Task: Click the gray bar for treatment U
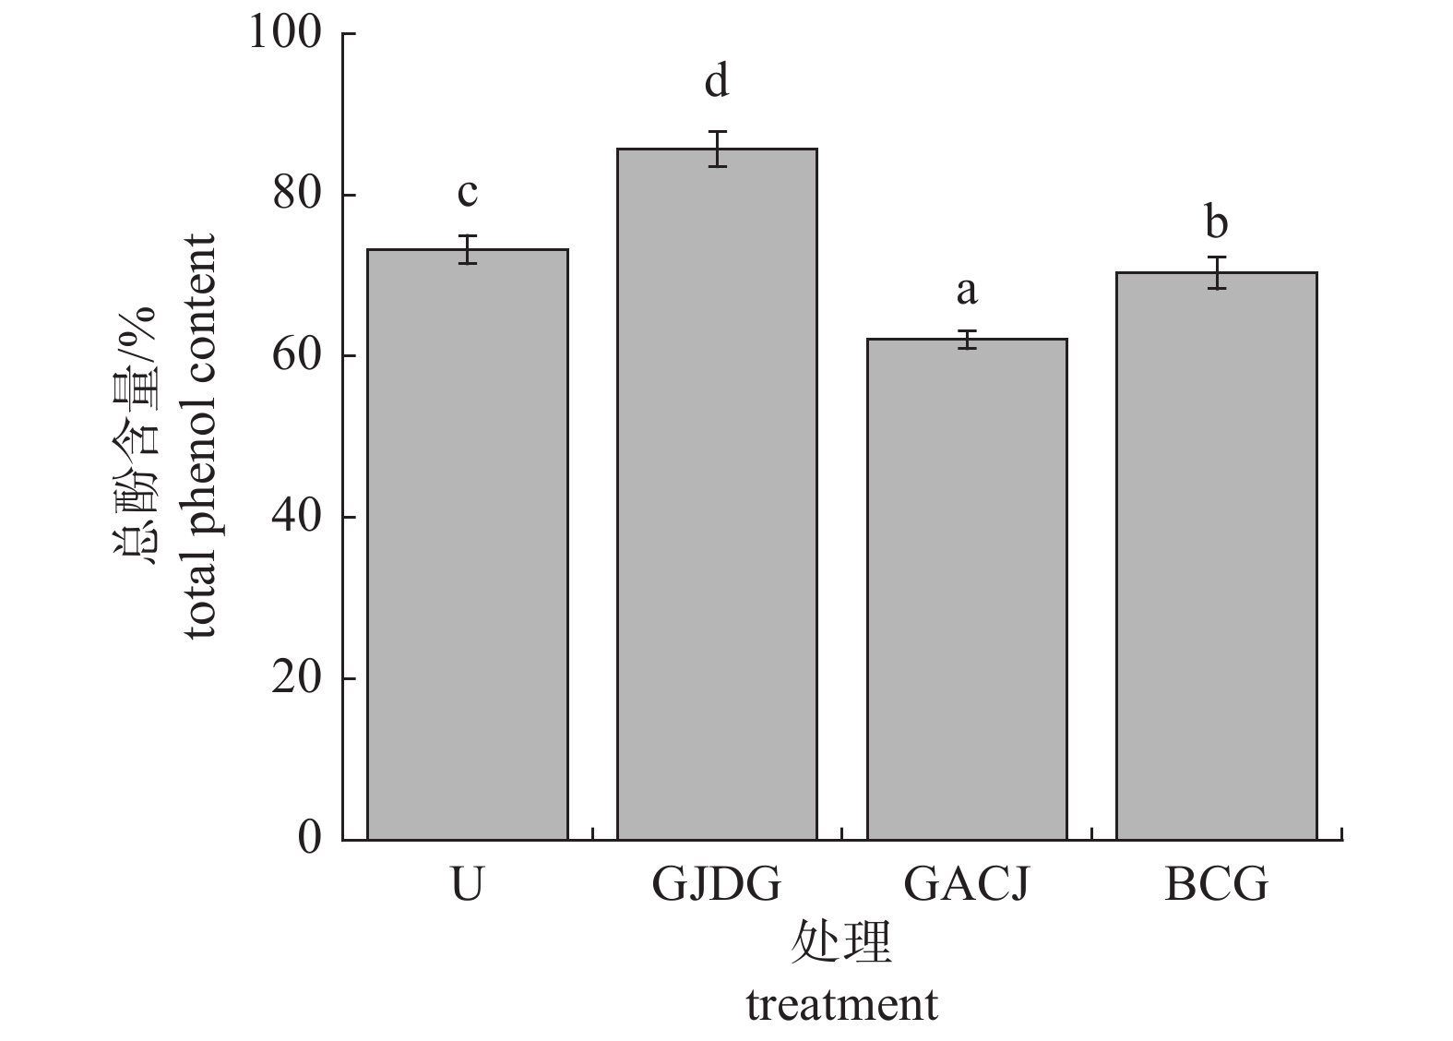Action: click(467, 544)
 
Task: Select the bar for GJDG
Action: click(717, 494)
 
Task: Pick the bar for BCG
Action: click(1216, 556)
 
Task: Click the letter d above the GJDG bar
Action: click(717, 81)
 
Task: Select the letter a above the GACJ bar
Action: click(966, 291)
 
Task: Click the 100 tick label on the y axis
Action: click(285, 33)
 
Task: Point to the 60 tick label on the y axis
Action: click(297, 355)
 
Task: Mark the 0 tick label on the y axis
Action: click(310, 838)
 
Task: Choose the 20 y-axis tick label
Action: click(297, 677)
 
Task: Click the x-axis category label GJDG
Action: click(717, 884)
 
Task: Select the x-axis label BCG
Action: click(1216, 884)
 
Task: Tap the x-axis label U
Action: click(468, 884)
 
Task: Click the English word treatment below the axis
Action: click(841, 1005)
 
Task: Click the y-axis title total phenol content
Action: click(199, 436)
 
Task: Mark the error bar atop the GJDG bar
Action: click(717, 149)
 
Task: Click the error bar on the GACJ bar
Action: click(966, 339)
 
